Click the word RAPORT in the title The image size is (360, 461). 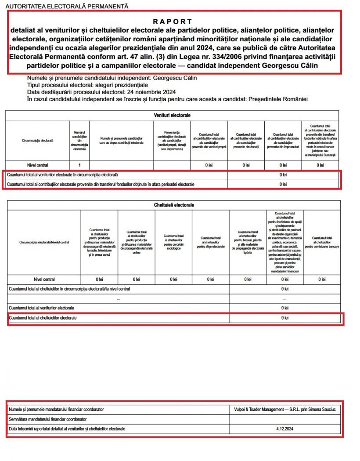[173, 22]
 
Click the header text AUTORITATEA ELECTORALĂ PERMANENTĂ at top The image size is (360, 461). [66, 6]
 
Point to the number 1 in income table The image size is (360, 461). [79, 165]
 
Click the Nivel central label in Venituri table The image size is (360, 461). [37, 165]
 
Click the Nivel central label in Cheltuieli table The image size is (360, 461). [44, 280]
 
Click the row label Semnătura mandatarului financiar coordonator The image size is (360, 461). [47, 419]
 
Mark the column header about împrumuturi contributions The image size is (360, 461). [283, 141]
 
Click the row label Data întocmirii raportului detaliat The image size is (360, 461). [67, 428]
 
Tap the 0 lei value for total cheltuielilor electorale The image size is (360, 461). [285, 318]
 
